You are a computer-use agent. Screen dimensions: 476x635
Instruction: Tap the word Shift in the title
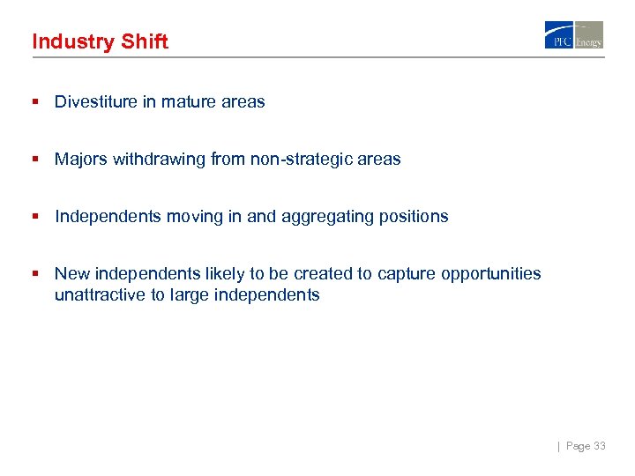coord(144,41)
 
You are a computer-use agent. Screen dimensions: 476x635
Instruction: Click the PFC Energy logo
coord(573,35)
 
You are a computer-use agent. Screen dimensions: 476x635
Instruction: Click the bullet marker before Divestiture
coord(35,101)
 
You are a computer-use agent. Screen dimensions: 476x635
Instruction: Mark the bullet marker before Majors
coord(35,160)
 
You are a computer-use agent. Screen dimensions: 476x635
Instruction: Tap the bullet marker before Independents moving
coord(35,216)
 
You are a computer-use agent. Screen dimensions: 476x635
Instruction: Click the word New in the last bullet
coord(71,274)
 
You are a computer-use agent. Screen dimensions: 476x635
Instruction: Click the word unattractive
coord(100,295)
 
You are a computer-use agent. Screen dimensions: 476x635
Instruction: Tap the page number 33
coord(600,447)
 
